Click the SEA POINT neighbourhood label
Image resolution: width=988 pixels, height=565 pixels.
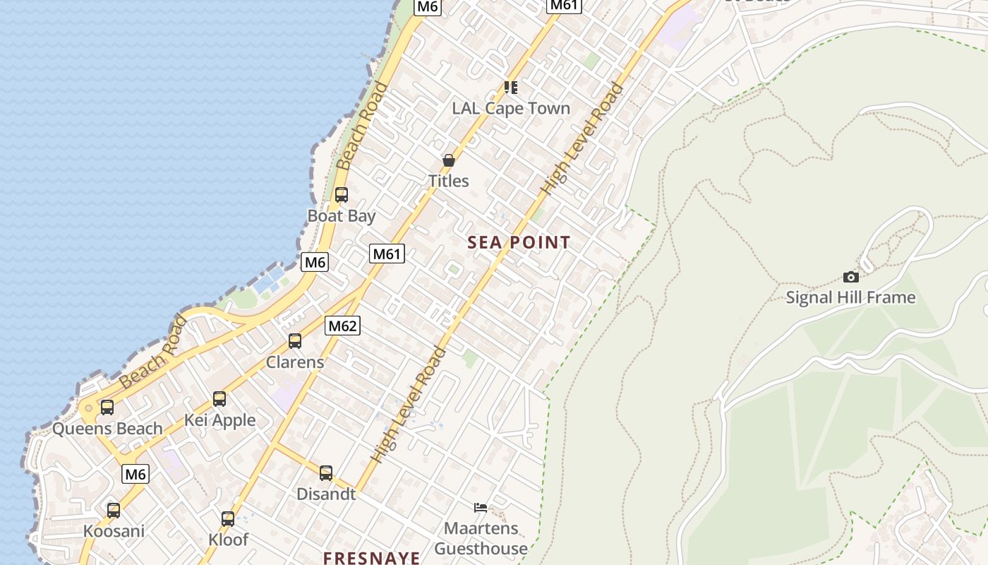519,243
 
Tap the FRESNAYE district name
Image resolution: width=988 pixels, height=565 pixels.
372,557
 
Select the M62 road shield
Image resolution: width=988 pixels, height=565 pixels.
342,326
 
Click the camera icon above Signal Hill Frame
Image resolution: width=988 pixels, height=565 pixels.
851,277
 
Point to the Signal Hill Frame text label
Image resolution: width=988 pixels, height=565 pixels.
850,297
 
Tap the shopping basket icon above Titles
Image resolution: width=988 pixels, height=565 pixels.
448,160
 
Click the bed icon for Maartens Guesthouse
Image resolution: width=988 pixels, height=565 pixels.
481,507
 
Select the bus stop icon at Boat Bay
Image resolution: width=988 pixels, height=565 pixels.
342,195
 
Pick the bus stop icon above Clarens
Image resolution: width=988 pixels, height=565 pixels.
295,341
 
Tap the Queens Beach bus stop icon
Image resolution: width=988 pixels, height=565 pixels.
107,408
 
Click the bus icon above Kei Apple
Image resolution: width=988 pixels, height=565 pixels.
219,399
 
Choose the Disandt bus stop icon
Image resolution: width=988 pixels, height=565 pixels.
325,473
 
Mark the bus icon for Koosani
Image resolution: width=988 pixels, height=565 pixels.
114,510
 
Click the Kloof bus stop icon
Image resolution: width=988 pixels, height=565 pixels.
228,519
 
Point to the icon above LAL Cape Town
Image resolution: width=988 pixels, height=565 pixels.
511,88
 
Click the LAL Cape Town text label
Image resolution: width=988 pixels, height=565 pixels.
511,108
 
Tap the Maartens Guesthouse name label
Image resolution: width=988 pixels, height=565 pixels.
481,538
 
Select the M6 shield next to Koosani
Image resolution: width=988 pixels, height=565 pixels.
135,474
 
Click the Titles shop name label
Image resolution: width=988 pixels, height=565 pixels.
448,181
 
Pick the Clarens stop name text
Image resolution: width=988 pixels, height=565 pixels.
295,362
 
